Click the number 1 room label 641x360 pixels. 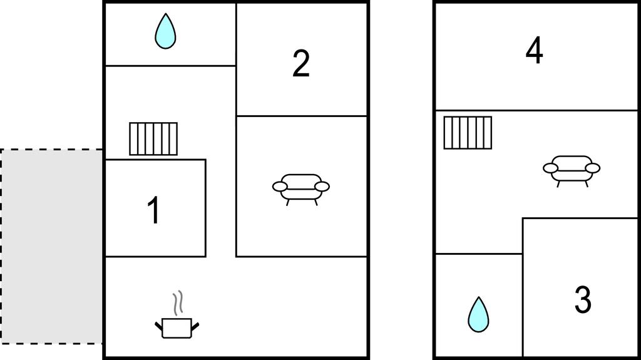click(x=154, y=210)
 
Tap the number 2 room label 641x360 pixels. click(x=301, y=63)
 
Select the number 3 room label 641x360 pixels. click(x=583, y=300)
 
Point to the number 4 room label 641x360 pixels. click(x=535, y=50)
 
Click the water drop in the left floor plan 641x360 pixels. click(x=165, y=31)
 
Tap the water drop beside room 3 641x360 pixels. click(x=478, y=314)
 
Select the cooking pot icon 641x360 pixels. click(x=177, y=327)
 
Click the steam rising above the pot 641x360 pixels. click(x=177, y=303)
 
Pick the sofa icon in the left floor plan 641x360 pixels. click(x=301, y=189)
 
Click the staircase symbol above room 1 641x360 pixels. click(x=153, y=139)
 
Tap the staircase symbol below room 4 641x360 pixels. click(x=468, y=133)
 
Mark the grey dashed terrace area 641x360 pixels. click(x=51, y=246)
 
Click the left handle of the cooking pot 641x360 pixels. click(x=158, y=326)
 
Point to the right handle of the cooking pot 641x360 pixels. click(x=195, y=326)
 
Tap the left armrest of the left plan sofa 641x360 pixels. click(x=280, y=187)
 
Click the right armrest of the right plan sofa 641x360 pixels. click(x=592, y=168)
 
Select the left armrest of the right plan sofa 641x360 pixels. click(x=551, y=168)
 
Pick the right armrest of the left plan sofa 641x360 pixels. click(x=322, y=187)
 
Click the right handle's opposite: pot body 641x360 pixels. click(x=177, y=329)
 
